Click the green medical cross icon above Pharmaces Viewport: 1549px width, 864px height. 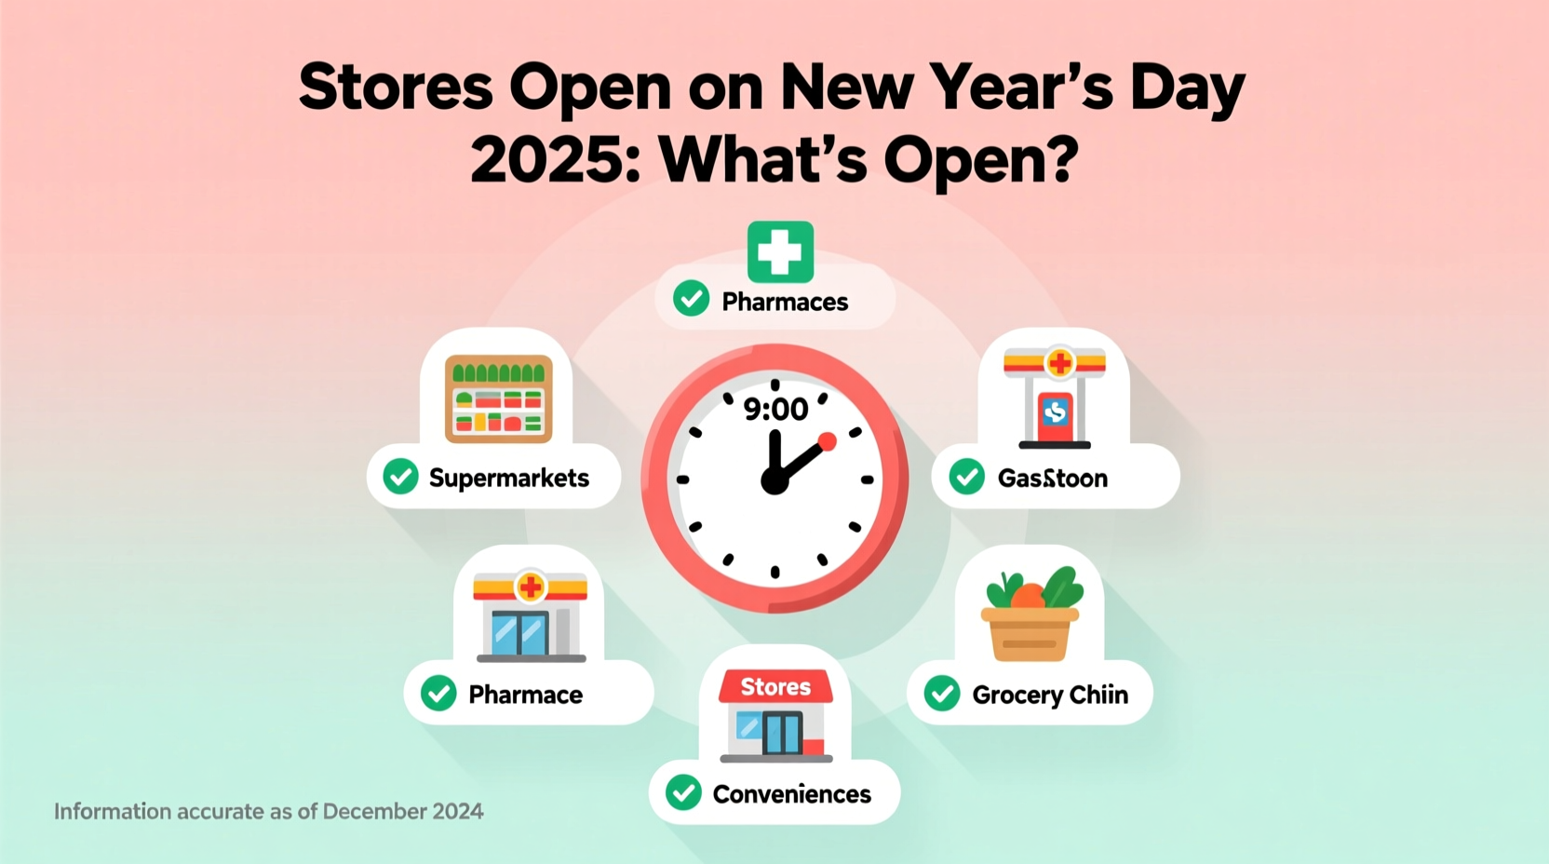click(780, 251)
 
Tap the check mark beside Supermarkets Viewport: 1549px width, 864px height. click(401, 477)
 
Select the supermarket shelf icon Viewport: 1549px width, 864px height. click(499, 398)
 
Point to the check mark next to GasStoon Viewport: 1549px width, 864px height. click(967, 477)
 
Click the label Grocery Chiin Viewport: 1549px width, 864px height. click(1050, 695)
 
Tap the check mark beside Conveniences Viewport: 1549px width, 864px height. click(684, 793)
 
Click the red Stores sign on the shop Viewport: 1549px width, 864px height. click(775, 687)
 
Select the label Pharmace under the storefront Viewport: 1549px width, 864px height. click(525, 695)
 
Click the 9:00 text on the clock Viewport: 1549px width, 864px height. click(775, 409)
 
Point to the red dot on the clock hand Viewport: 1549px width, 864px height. click(827, 441)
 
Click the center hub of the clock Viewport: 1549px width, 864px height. click(774, 480)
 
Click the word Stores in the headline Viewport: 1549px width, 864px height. click(395, 88)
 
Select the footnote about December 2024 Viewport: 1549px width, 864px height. click(268, 811)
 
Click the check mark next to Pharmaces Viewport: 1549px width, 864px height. click(692, 299)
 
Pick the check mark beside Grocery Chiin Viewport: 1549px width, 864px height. click(942, 694)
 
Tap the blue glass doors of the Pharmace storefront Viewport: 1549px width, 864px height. click(519, 634)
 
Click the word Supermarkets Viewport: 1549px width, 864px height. click(508, 478)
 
